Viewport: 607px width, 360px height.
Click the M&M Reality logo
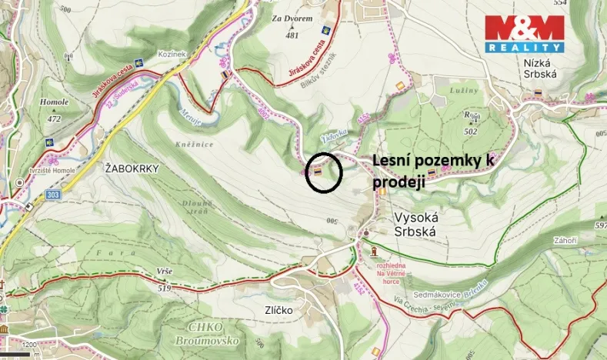524,33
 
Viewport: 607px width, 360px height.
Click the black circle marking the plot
323,172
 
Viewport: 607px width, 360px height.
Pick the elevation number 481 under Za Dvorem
292,35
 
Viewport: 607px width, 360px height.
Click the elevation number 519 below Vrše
163,288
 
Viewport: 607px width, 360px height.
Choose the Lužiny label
459,91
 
